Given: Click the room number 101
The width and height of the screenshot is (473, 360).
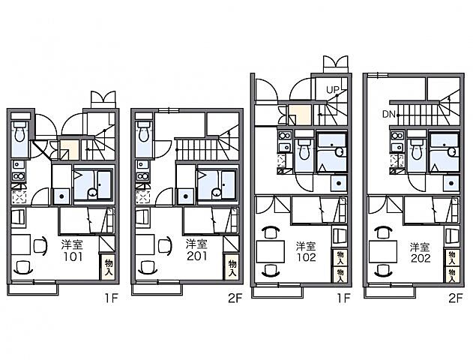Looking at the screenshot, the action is click(x=73, y=256).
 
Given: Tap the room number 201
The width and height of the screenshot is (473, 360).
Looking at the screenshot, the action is click(x=196, y=256).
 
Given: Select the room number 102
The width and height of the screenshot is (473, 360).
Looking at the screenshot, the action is click(x=306, y=257).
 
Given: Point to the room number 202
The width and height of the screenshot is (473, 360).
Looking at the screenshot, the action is click(x=420, y=258).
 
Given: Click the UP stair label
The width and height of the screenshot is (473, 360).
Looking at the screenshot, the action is click(x=333, y=89).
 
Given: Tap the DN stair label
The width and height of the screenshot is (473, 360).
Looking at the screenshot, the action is click(x=389, y=114).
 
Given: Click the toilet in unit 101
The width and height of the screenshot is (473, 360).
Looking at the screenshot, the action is click(x=20, y=132).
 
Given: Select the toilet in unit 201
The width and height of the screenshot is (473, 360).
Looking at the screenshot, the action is click(x=144, y=132).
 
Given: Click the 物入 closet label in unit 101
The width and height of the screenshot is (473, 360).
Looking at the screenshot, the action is click(x=109, y=267).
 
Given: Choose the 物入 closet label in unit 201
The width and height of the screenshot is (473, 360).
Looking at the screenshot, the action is click(x=232, y=268).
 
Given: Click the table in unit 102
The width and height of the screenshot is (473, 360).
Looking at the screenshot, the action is click(x=271, y=252).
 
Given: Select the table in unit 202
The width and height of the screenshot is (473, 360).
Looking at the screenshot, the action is click(x=383, y=252).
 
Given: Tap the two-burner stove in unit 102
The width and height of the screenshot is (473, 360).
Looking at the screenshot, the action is click(x=285, y=136).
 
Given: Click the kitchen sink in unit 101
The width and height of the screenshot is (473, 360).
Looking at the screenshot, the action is click(x=18, y=165).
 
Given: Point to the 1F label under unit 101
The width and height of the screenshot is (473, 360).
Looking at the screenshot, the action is click(x=111, y=298).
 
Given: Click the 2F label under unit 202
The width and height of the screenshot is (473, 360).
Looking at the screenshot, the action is click(x=455, y=298).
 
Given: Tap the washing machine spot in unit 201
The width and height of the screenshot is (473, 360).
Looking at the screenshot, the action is click(x=186, y=196).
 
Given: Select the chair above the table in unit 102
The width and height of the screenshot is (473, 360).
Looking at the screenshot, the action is click(x=271, y=232).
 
